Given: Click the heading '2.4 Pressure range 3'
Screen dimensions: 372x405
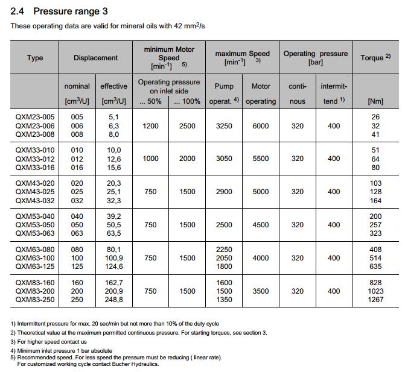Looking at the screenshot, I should point(60,11).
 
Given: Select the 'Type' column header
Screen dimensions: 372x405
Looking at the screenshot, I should point(35,58).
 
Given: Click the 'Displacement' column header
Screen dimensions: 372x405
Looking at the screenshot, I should point(95,58).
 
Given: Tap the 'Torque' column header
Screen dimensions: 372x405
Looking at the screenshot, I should point(375,58).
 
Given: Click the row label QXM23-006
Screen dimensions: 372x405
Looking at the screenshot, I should point(34,125).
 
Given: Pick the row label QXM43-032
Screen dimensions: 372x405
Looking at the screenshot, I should point(34,201).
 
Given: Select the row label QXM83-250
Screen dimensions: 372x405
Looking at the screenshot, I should point(34,299).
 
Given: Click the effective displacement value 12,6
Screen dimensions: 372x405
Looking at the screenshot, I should point(113,159).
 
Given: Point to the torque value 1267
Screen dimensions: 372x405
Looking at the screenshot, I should point(375,299).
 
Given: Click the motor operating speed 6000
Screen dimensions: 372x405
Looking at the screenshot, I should point(261,125).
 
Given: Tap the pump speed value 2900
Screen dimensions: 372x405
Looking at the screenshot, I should point(224,192).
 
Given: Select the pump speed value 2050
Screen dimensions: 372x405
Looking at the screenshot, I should point(224,257).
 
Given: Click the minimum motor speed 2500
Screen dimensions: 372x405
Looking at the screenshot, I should point(187,125).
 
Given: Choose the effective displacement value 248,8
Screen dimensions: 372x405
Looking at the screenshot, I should point(113,299).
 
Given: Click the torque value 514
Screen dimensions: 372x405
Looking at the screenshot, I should point(375,257).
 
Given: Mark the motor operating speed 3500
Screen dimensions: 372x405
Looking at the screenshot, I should point(261,291).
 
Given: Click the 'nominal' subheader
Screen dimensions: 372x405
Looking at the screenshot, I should point(77,86).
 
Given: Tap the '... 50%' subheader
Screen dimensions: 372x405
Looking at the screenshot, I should point(150,101).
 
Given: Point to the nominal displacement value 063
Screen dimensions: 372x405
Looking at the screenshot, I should point(77,233).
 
